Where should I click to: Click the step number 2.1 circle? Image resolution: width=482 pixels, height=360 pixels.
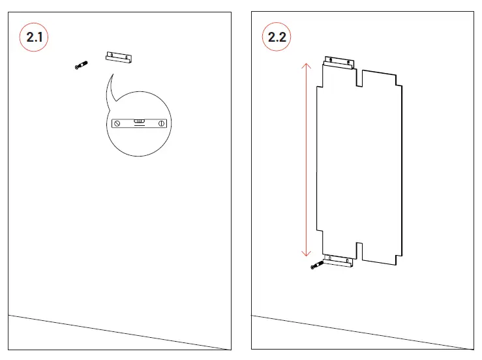click(35, 37)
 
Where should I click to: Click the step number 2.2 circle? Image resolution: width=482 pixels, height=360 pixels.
click(278, 37)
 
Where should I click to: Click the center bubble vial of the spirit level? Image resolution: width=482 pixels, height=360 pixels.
click(139, 121)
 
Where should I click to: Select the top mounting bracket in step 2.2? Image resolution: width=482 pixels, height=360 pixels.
click(339, 63)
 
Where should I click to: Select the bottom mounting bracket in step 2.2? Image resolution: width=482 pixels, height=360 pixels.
click(339, 262)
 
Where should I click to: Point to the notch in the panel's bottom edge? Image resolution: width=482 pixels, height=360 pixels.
click(359, 248)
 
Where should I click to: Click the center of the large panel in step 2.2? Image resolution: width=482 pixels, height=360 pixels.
click(360, 163)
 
